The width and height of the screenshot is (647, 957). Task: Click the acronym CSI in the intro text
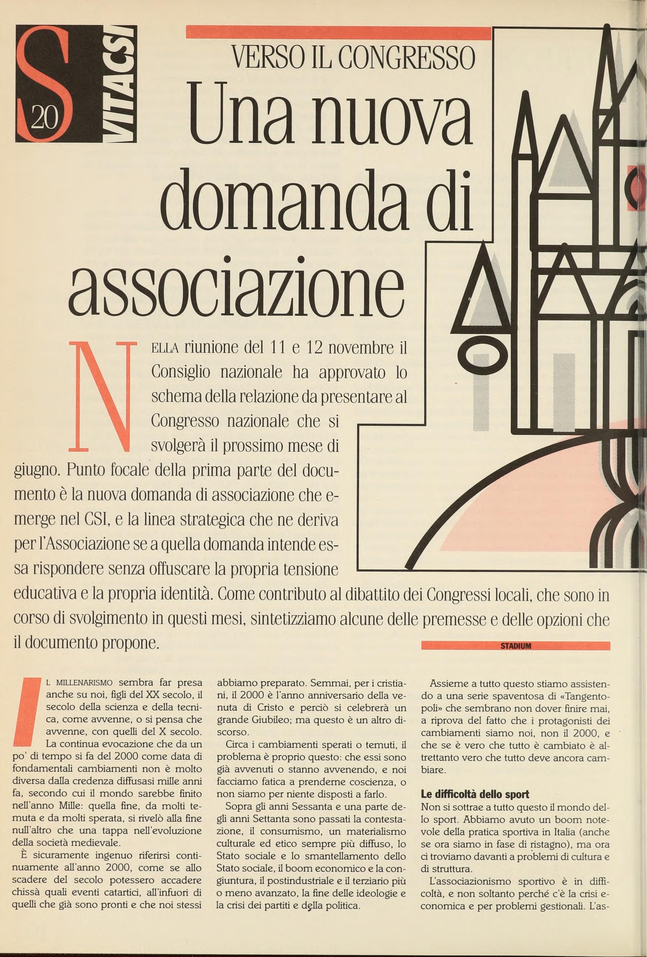click(96, 520)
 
